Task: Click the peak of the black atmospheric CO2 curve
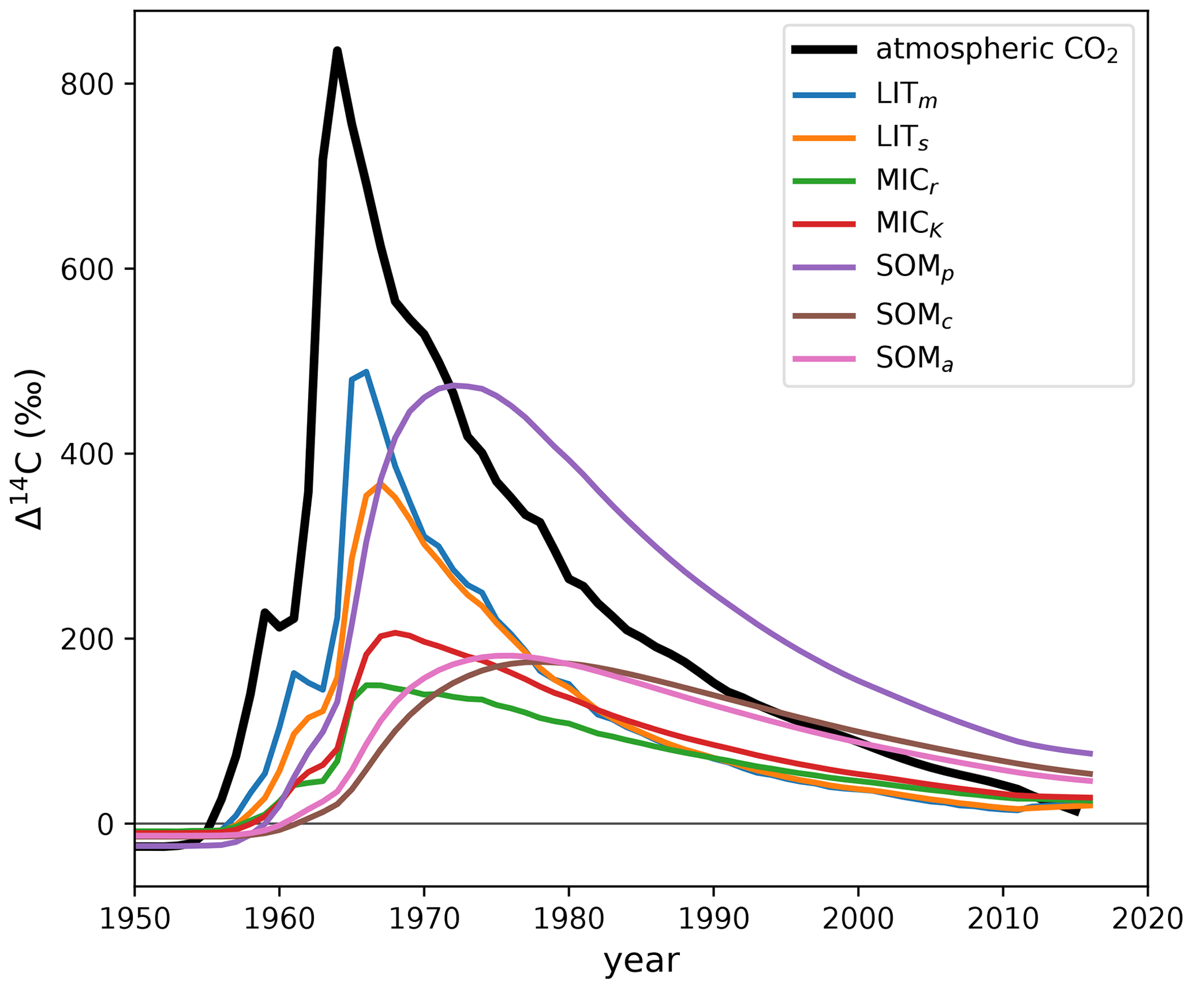click(337, 51)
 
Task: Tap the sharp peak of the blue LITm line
click(366, 372)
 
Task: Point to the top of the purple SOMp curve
click(456, 385)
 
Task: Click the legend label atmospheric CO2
click(996, 51)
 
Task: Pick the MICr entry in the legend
click(907, 181)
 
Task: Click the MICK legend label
click(909, 224)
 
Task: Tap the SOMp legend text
click(914, 268)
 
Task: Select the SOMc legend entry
click(914, 315)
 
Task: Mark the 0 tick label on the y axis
click(105, 824)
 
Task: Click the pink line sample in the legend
click(824, 359)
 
